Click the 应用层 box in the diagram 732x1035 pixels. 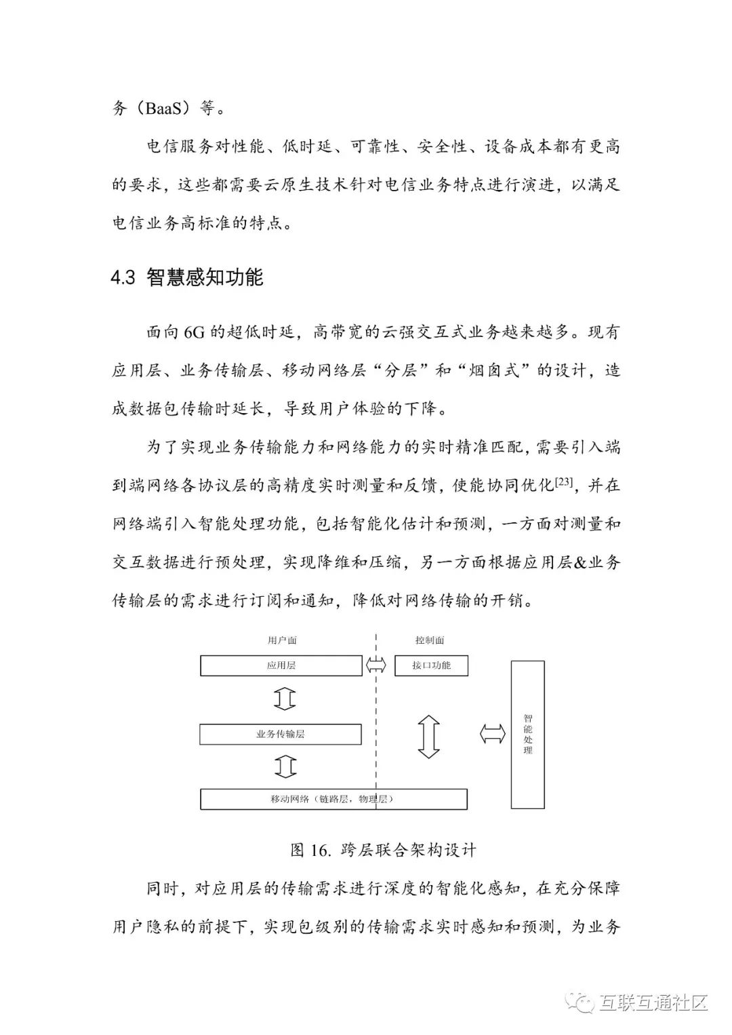(x=281, y=665)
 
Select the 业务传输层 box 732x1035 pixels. (x=281, y=734)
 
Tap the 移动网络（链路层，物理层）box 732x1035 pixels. (x=333, y=799)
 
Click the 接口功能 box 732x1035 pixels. (x=431, y=665)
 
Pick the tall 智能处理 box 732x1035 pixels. (x=527, y=734)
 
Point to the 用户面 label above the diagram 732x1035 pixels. (x=282, y=640)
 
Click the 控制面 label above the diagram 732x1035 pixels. (x=430, y=640)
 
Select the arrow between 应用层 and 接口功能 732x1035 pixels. (x=376, y=665)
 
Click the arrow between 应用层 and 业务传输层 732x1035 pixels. (x=285, y=699)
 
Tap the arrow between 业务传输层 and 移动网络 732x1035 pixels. (x=285, y=766)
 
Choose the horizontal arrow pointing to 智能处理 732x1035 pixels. (x=493, y=734)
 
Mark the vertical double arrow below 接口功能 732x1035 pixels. (x=429, y=735)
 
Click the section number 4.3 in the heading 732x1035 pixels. (x=123, y=278)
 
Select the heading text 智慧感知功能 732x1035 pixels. (x=205, y=278)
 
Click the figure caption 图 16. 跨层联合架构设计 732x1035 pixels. (x=383, y=850)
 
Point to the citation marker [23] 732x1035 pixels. (x=564, y=483)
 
